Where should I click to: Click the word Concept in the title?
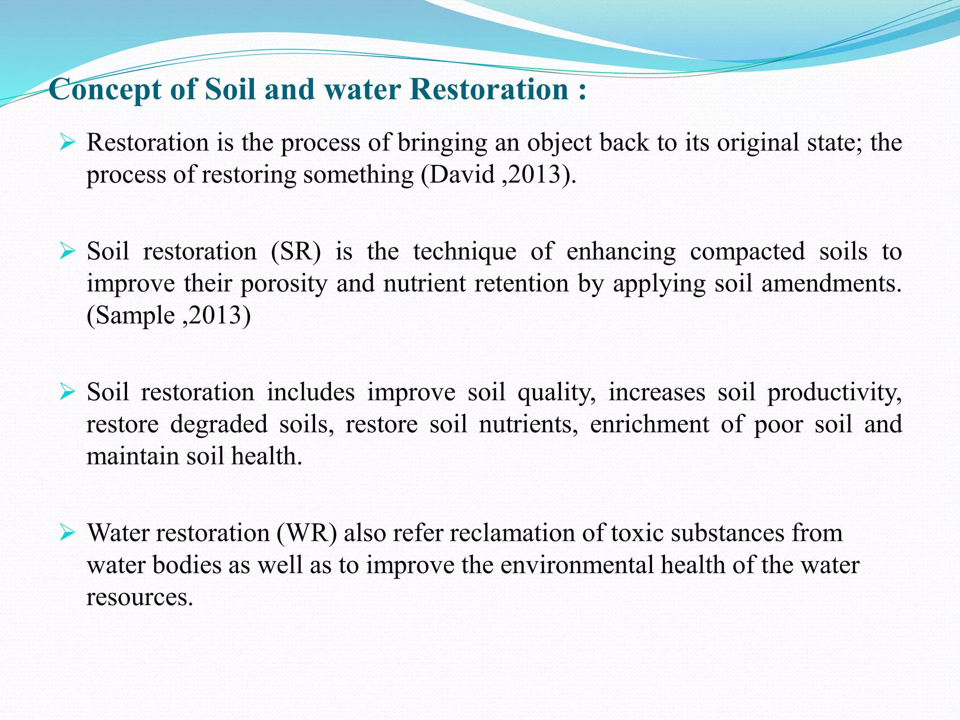point(105,89)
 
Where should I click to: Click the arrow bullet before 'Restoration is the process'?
point(67,142)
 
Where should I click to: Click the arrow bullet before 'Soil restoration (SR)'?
point(67,251)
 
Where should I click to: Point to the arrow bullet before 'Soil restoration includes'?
point(67,392)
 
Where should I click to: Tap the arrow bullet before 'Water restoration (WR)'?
point(67,532)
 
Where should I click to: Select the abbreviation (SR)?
point(296,251)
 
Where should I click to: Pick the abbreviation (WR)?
point(307,533)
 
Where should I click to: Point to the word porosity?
point(284,284)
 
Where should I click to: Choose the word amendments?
point(831,283)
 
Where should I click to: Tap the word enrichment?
point(649,424)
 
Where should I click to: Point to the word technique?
point(465,252)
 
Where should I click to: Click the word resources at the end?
point(139,597)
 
